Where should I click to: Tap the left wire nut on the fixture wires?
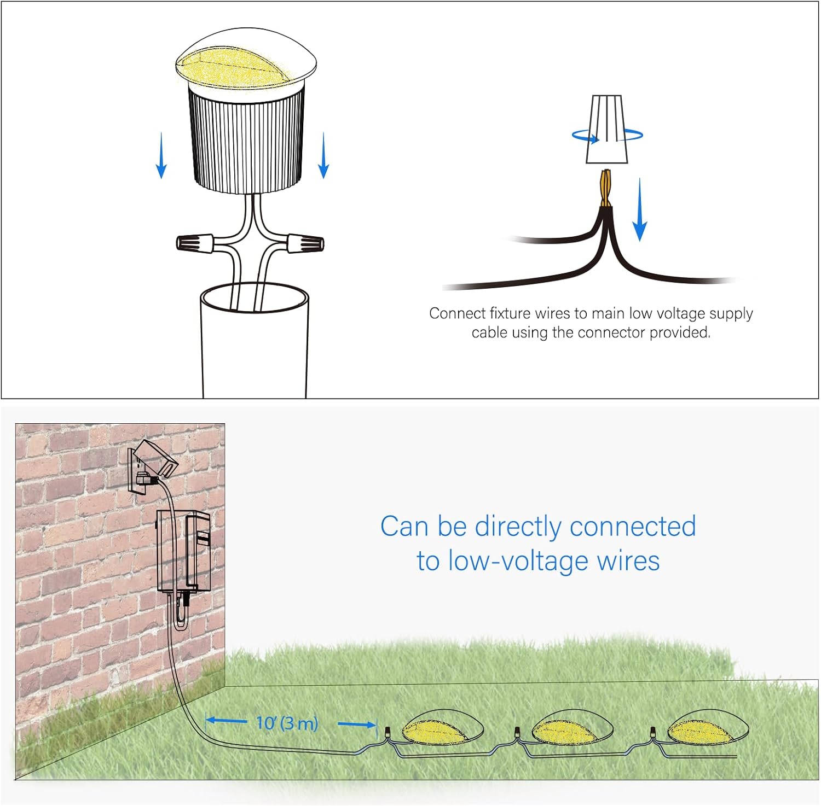point(195,242)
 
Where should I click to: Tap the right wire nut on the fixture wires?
point(305,242)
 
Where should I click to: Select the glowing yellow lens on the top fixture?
point(236,66)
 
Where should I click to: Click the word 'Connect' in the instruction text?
point(450,313)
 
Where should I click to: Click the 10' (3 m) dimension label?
point(287,723)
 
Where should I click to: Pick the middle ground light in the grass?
point(572,727)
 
